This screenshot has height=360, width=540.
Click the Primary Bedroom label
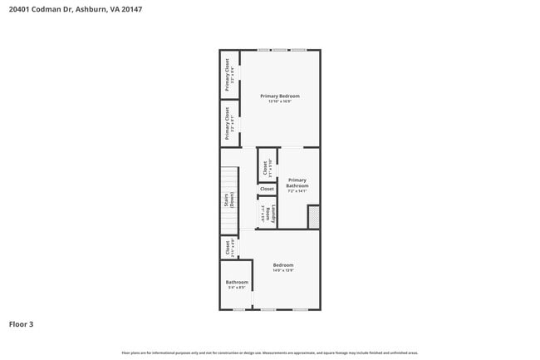(x=279, y=96)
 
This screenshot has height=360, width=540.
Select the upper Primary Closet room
(x=228, y=74)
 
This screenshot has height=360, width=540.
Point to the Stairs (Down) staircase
(x=228, y=200)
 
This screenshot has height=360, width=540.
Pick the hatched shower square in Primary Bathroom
(x=313, y=217)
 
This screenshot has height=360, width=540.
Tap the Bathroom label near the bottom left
(x=237, y=283)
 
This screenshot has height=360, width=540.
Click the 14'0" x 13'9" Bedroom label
(x=283, y=265)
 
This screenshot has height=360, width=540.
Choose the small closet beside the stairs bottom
(x=228, y=247)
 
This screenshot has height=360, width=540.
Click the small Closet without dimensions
(x=267, y=189)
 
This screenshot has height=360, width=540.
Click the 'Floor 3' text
(x=22, y=323)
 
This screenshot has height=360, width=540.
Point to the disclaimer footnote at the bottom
(x=270, y=353)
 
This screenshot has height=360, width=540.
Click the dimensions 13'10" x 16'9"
(x=279, y=101)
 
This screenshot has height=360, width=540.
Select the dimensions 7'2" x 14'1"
(x=297, y=190)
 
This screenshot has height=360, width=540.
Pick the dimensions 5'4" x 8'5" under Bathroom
(x=237, y=288)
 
